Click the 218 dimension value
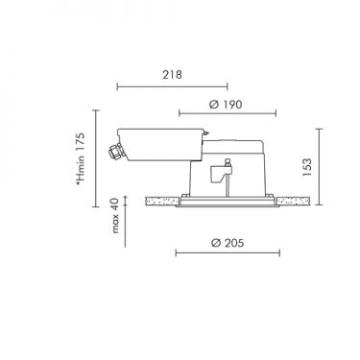click(172, 75)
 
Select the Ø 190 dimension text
click(226, 105)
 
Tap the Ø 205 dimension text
click(228, 243)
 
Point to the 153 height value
click(306, 167)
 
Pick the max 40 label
click(115, 215)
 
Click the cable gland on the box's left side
click(113, 152)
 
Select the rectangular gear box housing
click(160, 144)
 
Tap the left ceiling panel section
click(162, 202)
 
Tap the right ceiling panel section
click(293, 202)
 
